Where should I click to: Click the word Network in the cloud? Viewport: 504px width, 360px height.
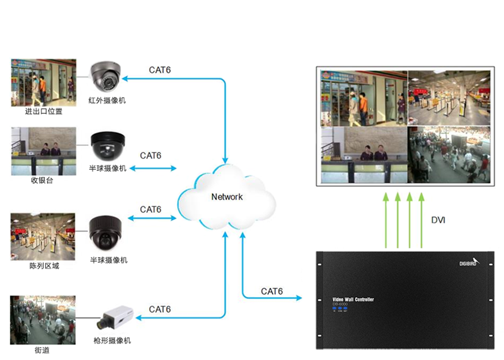[227, 197]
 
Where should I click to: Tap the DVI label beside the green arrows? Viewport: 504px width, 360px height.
[438, 221]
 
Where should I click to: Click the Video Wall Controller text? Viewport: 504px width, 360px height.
[353, 300]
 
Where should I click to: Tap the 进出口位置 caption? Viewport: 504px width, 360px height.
[44, 111]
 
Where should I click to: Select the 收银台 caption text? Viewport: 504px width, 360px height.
[43, 181]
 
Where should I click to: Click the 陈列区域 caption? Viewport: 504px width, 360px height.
[44, 265]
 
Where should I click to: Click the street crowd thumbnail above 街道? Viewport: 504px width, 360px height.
[43, 320]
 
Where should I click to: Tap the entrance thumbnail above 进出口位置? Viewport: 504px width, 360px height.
[43, 82]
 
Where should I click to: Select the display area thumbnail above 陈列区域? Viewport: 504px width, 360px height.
[43, 236]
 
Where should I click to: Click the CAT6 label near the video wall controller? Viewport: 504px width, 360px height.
[272, 291]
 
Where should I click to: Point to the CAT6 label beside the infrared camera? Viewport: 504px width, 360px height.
[160, 70]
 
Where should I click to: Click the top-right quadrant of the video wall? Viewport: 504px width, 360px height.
[449, 97]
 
